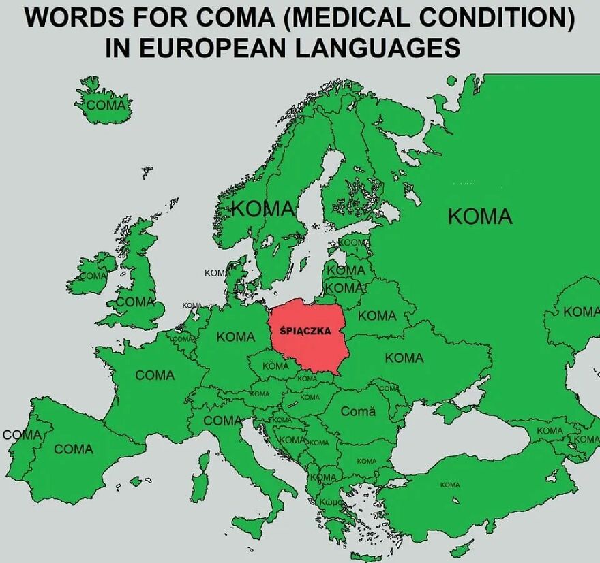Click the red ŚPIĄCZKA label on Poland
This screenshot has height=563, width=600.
(x=305, y=332)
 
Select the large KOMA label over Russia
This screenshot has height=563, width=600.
(x=480, y=216)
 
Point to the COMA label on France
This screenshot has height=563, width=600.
(x=155, y=375)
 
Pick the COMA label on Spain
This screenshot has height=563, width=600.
(x=74, y=449)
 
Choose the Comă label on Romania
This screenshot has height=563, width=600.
(x=358, y=412)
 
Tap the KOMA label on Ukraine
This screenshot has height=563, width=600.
(x=404, y=358)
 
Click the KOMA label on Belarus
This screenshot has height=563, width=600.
(x=377, y=315)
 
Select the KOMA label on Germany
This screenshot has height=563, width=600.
(x=236, y=337)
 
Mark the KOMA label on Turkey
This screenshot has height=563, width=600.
(x=450, y=485)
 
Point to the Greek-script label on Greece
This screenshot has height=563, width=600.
(x=333, y=502)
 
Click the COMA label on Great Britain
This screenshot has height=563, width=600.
(x=135, y=301)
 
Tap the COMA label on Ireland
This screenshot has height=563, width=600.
(x=94, y=276)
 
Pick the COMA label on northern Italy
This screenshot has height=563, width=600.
(x=223, y=421)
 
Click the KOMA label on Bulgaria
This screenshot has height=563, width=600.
(x=367, y=462)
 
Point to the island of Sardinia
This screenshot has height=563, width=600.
(x=199, y=485)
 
